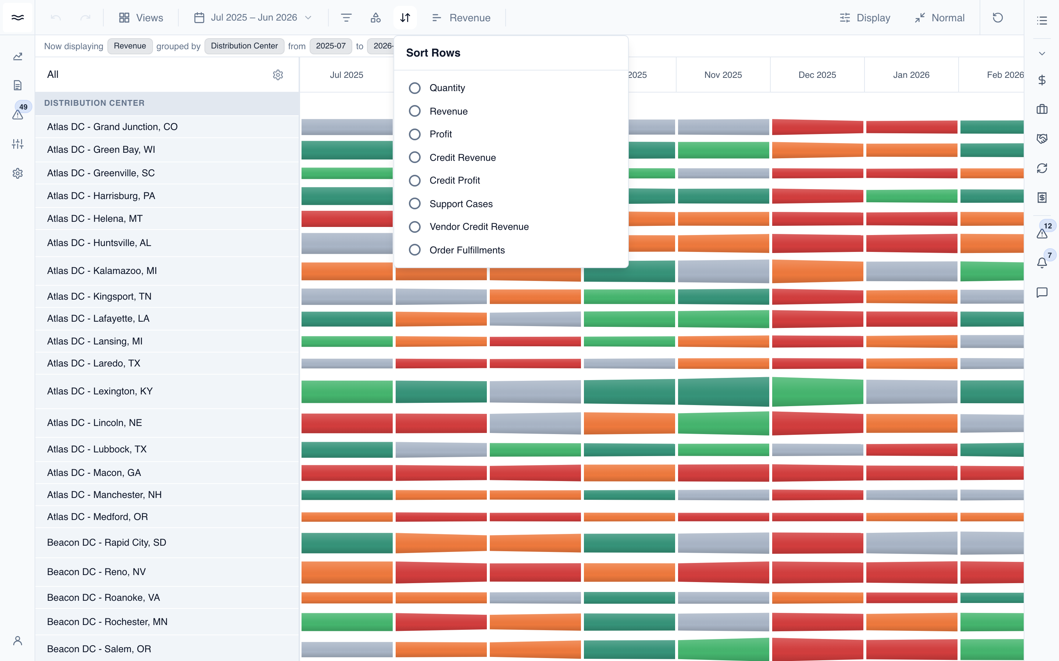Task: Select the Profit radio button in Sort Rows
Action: (414, 134)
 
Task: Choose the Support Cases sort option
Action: (414, 204)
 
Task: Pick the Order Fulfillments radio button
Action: (414, 250)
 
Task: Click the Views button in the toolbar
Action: (141, 18)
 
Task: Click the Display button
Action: (865, 18)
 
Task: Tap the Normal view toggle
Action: (939, 18)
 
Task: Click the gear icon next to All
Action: (278, 75)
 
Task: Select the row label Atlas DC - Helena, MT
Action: (95, 218)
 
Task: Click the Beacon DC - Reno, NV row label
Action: (96, 572)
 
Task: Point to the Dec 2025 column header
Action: (817, 75)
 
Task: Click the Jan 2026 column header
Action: (911, 75)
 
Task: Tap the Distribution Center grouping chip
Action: (244, 46)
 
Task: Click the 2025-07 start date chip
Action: (331, 46)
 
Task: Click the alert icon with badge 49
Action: (18, 115)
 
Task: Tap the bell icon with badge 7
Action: (1042, 263)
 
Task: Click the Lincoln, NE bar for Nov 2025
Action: (723, 423)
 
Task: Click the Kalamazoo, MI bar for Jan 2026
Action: (912, 271)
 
